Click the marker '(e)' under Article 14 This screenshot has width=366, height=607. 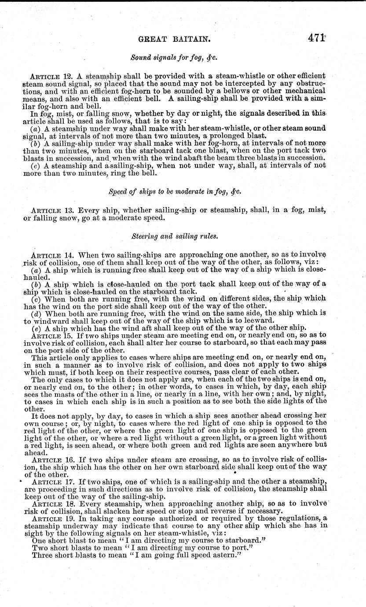coord(36,328)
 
